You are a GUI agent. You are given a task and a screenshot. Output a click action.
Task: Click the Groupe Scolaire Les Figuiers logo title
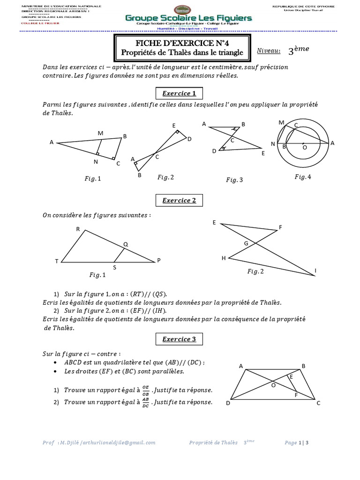click(188, 18)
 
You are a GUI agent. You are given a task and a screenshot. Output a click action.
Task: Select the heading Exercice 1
click(176, 93)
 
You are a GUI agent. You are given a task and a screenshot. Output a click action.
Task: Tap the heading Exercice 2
click(176, 201)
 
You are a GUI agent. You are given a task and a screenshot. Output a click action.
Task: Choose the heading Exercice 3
click(176, 339)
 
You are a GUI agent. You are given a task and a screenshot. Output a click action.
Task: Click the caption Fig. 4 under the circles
click(302, 176)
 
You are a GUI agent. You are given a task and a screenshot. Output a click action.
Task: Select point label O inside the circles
click(305, 147)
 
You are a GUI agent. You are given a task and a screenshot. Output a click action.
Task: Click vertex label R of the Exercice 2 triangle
click(78, 229)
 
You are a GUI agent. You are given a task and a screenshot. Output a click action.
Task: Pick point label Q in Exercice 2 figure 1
click(125, 244)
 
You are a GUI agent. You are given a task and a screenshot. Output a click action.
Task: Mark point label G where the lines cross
click(246, 243)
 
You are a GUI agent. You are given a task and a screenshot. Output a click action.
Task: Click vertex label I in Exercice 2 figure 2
click(315, 271)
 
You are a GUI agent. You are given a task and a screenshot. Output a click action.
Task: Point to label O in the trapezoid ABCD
click(274, 385)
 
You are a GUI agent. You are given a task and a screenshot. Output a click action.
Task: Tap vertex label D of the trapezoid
click(228, 403)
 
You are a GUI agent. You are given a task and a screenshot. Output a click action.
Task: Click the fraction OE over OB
click(145, 390)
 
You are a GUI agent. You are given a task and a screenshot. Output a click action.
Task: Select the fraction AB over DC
click(145, 403)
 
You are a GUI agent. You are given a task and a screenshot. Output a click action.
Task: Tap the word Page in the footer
click(291, 442)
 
